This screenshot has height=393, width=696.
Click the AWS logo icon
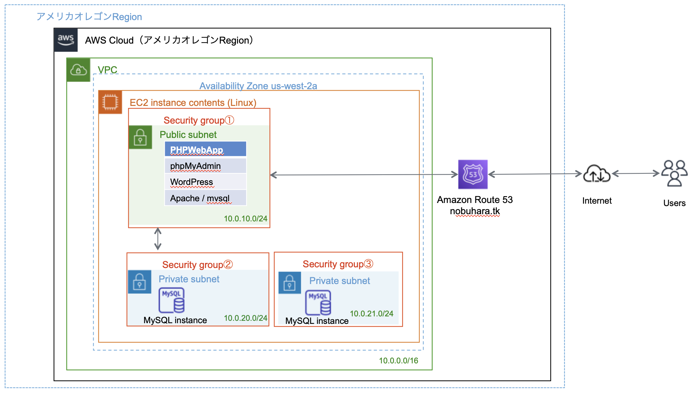66,40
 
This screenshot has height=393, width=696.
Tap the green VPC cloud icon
78,70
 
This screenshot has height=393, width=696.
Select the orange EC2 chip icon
110,102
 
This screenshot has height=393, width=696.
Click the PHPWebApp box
205,150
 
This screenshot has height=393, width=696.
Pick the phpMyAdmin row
205,166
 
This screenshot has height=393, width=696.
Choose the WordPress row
205,182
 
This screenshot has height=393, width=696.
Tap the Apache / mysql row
205,198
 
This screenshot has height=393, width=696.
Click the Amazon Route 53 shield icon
473,174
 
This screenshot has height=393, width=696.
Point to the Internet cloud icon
597,174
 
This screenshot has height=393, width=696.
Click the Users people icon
674,173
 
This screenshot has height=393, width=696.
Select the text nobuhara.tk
475,211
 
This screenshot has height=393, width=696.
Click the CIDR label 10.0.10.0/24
245,219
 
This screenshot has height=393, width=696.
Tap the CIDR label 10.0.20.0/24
245,318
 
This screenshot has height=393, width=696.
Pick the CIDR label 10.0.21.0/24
371,314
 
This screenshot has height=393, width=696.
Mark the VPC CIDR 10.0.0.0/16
398,361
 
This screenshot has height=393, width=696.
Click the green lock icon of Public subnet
140,137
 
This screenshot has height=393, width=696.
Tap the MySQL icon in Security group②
172,300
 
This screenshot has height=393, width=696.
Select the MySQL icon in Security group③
318,302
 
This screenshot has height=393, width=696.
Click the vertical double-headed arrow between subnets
158,239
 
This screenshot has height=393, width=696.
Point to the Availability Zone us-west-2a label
258,86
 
